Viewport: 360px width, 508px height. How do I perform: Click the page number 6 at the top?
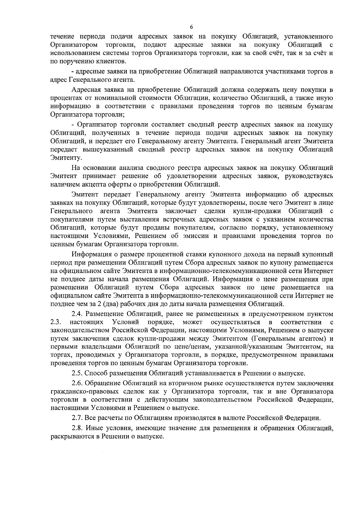point(191,27)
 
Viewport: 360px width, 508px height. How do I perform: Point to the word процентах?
point(64,98)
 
